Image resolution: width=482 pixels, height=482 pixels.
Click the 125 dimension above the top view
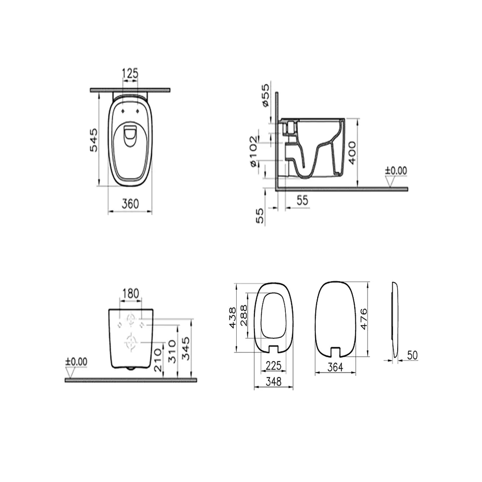coord(130,74)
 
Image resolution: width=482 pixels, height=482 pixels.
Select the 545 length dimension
coord(94,140)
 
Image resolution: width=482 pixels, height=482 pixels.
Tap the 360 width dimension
coord(130,204)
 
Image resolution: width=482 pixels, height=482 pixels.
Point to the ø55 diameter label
coord(266,95)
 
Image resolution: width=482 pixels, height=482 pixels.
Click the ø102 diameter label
coord(254,151)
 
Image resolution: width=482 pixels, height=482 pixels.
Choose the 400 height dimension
coord(352,153)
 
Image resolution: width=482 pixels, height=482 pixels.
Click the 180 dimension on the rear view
coord(131,294)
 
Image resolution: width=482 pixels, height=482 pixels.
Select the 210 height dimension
coord(158,360)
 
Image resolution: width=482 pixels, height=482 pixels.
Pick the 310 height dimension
coord(172,352)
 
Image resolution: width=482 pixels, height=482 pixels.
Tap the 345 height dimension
coord(186,348)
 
